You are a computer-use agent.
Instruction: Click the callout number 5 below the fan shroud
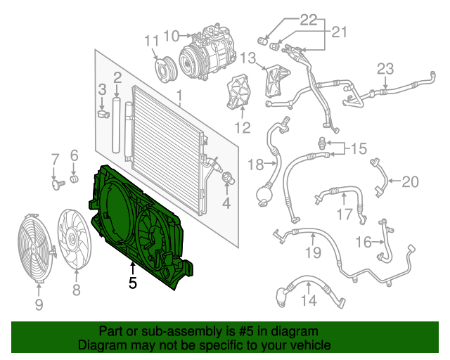(x=132, y=283)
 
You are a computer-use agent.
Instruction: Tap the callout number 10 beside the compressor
(x=172, y=34)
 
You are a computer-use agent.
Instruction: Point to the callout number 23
(x=385, y=69)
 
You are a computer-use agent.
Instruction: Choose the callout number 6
(x=73, y=156)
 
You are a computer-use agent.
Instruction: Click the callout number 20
(x=409, y=182)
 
